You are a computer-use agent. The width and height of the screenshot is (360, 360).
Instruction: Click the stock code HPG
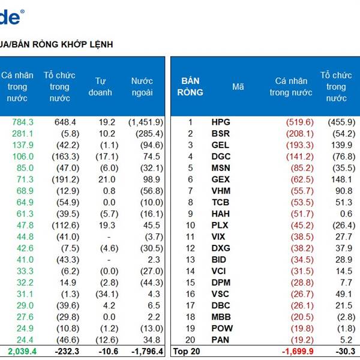coord(220,122)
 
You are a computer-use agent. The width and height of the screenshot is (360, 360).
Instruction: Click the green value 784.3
coord(22,122)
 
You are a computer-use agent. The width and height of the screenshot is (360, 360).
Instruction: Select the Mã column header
coord(238,86)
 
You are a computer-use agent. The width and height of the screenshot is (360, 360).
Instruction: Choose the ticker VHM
coord(220,191)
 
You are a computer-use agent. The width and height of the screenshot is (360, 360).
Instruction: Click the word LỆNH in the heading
coord(100,44)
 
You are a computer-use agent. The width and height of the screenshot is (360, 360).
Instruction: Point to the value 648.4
coord(64,122)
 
